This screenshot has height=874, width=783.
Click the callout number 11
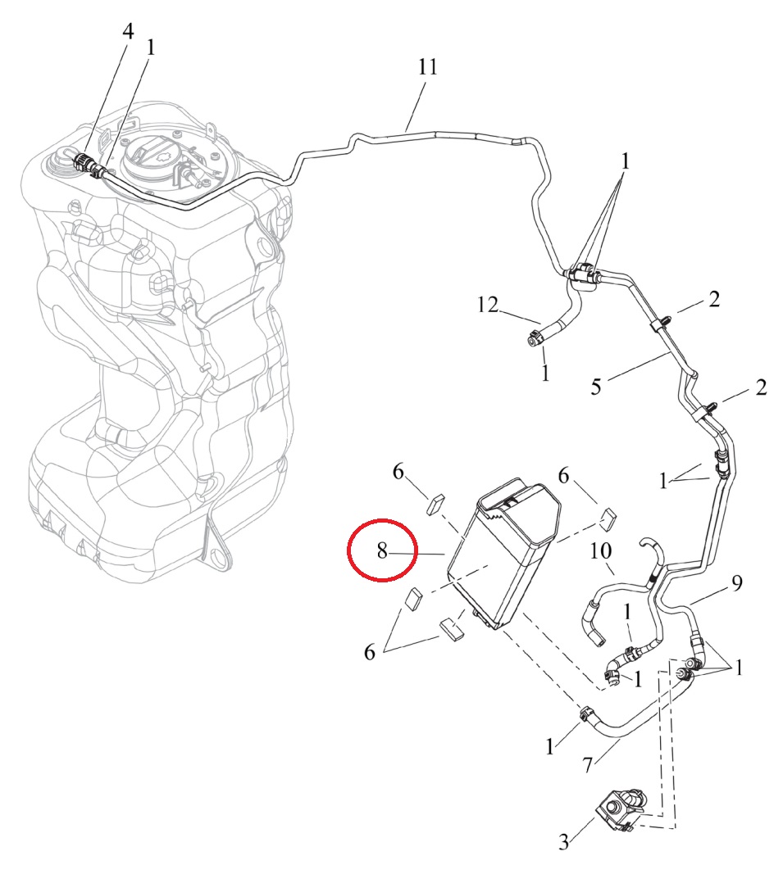pyautogui.click(x=427, y=67)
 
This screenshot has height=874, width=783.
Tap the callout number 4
pyautogui.click(x=128, y=32)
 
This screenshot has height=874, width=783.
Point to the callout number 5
pyautogui.click(x=598, y=385)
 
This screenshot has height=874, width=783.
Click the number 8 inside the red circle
pyautogui.click(x=382, y=551)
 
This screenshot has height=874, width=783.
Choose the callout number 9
pyautogui.click(x=736, y=583)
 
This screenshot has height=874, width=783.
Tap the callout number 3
pyautogui.click(x=563, y=841)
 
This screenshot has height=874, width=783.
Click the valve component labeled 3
pyautogui.click(x=621, y=811)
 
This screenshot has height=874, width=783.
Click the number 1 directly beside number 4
pyautogui.click(x=150, y=48)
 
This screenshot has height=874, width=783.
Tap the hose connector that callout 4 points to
pyautogui.click(x=83, y=161)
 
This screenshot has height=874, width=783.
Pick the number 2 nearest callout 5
pyautogui.click(x=714, y=300)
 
